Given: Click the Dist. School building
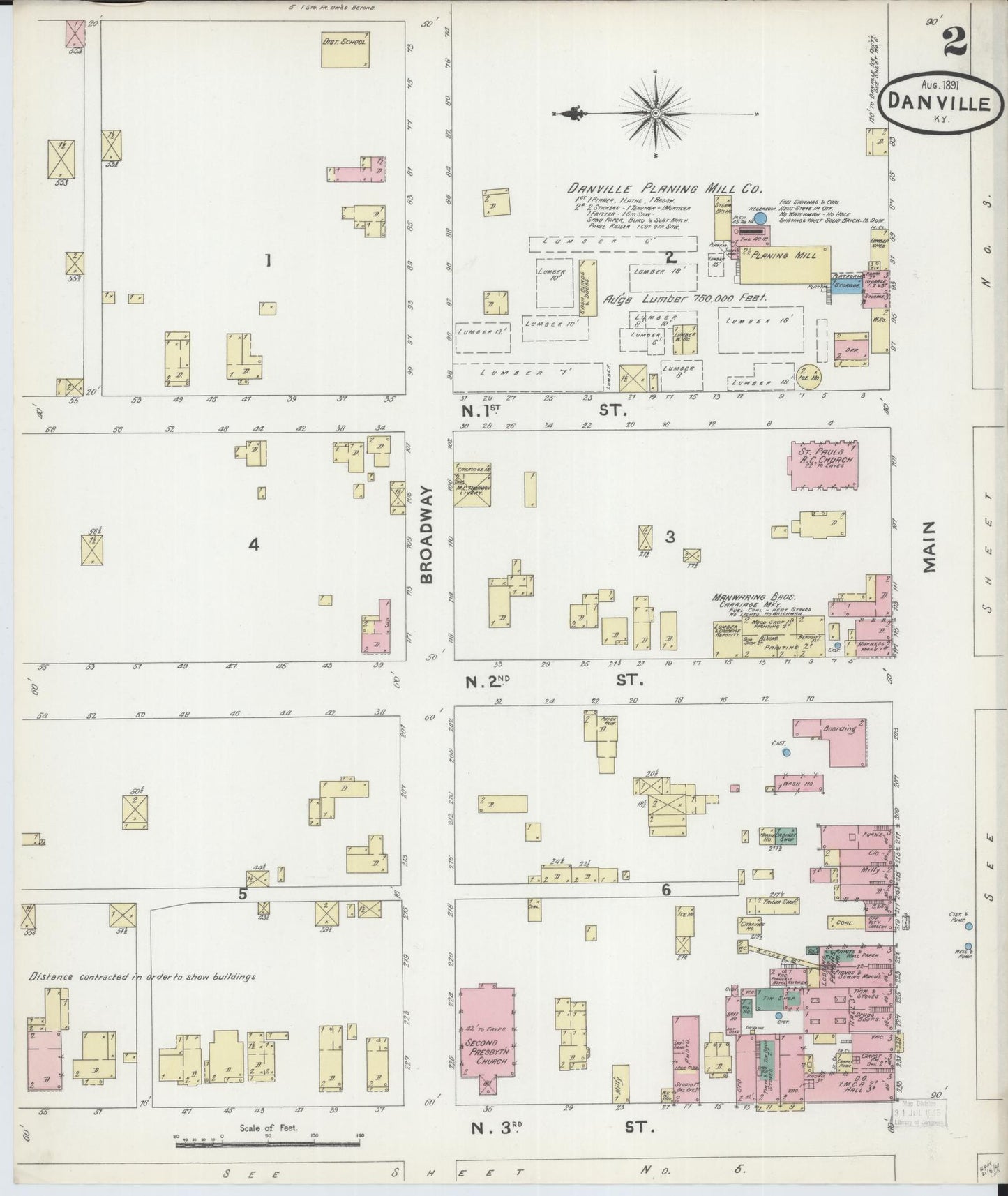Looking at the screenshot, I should coord(344,50).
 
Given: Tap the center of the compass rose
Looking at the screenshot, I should coord(655,112).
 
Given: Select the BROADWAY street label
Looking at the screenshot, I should coord(427,535).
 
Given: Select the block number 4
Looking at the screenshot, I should coord(254,544).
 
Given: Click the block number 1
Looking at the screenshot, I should coord(267,261).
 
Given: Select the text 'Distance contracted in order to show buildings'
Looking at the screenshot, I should coord(142,976).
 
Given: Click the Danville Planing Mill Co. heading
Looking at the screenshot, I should coord(664,188).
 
